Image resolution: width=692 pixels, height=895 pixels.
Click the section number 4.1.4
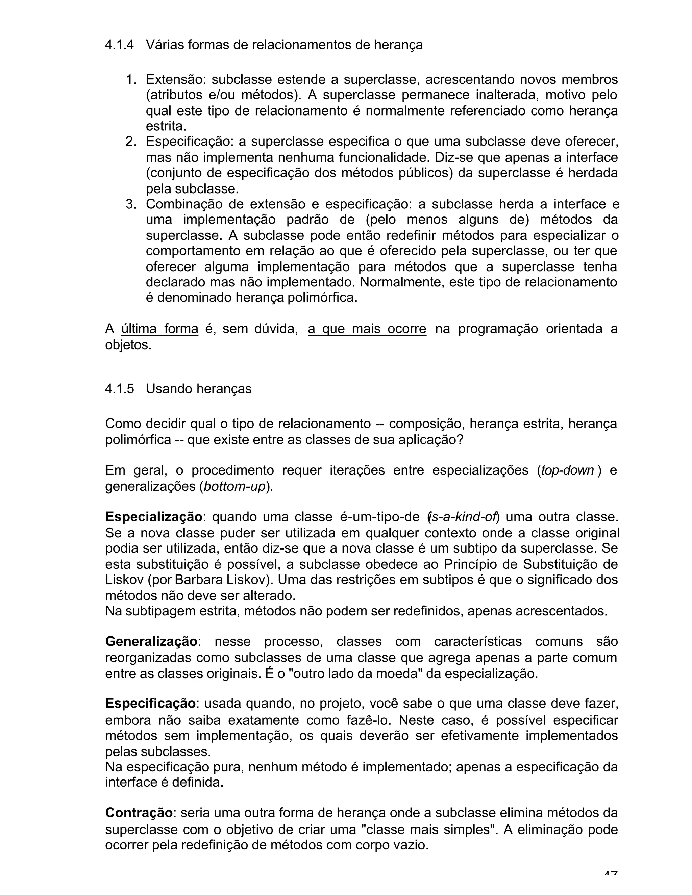pos(119,44)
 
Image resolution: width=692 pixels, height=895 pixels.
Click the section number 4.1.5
pos(119,388)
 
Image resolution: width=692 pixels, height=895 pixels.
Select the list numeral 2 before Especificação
pos(130,142)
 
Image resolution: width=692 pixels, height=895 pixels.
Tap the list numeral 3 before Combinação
pos(130,204)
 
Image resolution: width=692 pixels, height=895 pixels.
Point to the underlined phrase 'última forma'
pos(160,329)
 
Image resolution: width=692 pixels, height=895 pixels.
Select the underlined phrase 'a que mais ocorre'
pos(367,329)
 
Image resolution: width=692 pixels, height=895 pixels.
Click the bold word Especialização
pos(153,517)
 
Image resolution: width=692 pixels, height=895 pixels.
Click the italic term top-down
pos(567,470)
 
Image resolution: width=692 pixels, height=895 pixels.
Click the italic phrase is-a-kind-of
pos(463,517)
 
